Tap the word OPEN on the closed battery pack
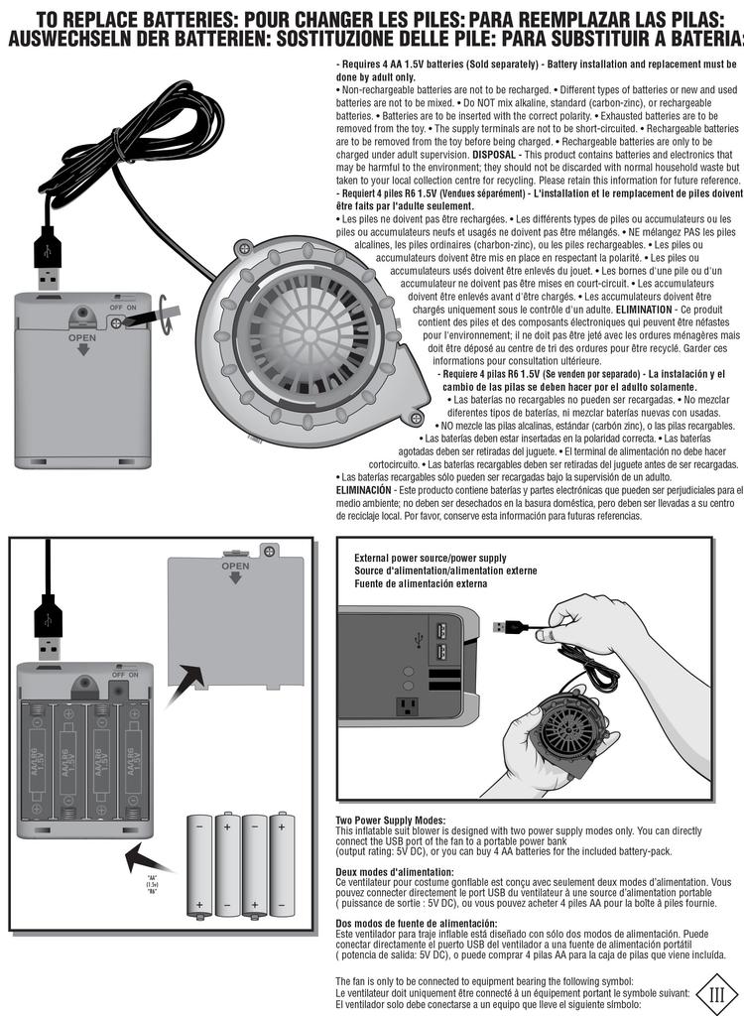(x=82, y=337)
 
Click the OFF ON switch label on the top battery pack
(x=122, y=309)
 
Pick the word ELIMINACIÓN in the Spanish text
(x=364, y=490)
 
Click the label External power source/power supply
(x=430, y=558)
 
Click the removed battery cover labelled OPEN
(x=235, y=620)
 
